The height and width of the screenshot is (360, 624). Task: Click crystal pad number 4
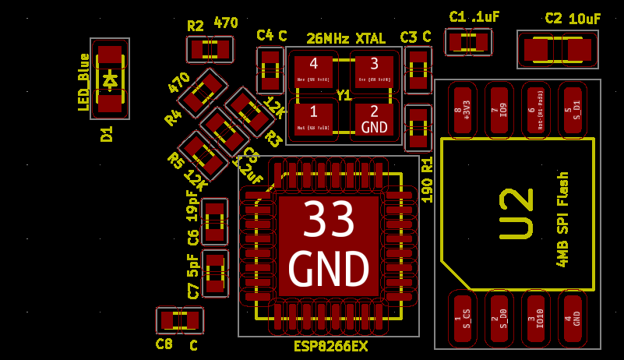click(313, 72)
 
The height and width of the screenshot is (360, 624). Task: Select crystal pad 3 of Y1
click(374, 72)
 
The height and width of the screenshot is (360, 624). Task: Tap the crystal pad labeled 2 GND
click(374, 118)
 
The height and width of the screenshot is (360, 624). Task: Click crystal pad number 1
click(313, 118)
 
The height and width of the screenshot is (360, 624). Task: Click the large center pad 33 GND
click(328, 245)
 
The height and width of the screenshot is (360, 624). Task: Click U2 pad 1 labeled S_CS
click(464, 318)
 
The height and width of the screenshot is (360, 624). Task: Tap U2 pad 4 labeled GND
click(573, 318)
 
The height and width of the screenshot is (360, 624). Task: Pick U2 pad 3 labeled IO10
click(537, 318)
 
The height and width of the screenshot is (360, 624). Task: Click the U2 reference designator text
click(516, 213)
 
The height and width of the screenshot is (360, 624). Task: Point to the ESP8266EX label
click(330, 346)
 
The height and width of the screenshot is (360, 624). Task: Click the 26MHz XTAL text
click(345, 38)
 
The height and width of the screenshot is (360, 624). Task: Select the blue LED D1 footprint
click(109, 79)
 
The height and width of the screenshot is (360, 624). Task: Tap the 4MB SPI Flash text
click(562, 219)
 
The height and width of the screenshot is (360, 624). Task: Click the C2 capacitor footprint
click(558, 50)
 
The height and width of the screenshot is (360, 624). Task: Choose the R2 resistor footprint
click(210, 50)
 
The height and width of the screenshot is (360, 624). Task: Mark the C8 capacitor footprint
click(180, 320)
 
